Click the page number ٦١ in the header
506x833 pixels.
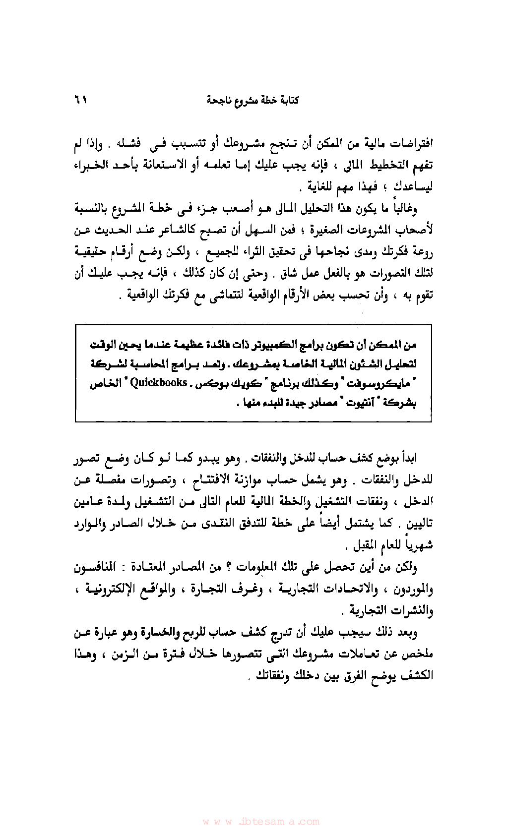80,100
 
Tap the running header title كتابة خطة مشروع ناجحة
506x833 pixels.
253,101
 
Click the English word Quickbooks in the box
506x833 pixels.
158,383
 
